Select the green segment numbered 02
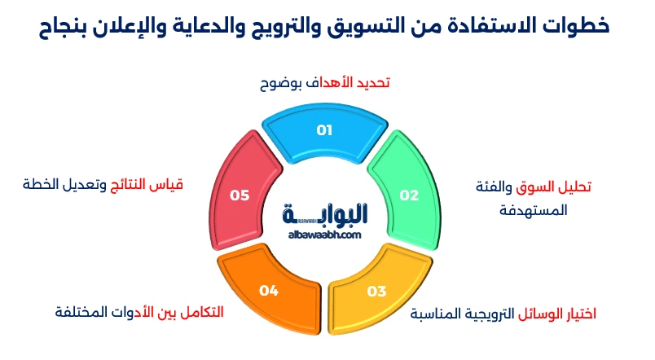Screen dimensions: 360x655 click(405, 193)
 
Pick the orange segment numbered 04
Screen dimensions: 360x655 click(270, 288)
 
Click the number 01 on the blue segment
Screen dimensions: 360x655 click(325, 130)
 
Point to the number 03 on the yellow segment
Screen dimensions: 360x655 click(376, 291)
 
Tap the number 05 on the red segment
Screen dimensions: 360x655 click(240, 195)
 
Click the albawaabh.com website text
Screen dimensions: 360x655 click(324, 235)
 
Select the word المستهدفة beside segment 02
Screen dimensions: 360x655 click(535, 210)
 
